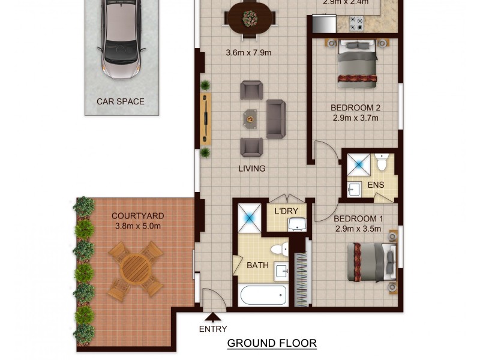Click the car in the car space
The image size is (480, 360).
point(122,39)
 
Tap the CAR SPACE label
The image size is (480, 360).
point(121,101)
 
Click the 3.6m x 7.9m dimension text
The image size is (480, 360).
point(248,53)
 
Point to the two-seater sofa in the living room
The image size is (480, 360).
point(276,119)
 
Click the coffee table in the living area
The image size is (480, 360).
point(250,119)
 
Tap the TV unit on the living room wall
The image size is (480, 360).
point(205,119)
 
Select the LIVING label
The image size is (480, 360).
point(252,169)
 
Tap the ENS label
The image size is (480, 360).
point(376,185)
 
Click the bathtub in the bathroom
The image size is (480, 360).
point(263,295)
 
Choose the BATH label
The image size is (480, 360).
point(257,265)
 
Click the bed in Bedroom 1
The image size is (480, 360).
point(373,262)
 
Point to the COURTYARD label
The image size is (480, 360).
point(137,216)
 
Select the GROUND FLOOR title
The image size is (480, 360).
point(272,343)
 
